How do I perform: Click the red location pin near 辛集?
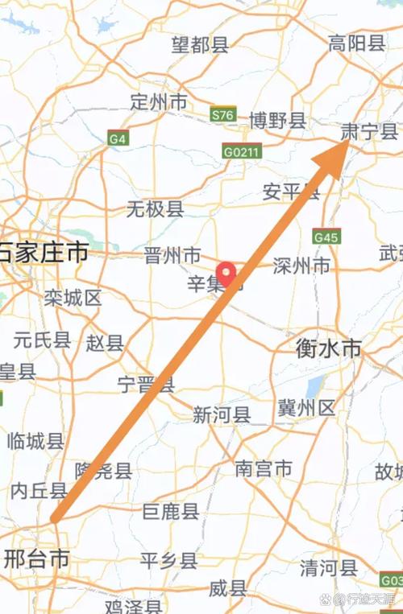[228, 274]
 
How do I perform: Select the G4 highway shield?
[118, 138]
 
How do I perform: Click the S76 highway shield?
[222, 115]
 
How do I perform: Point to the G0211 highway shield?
[242, 150]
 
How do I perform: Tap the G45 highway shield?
[327, 237]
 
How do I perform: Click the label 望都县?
[200, 45]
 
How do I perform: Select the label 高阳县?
[357, 43]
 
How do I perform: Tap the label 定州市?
[159, 102]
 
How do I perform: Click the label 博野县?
[277, 122]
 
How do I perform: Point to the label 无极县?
[156, 210]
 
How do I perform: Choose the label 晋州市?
[172, 256]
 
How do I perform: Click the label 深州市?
[301, 266]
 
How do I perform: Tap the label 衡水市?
[329, 348]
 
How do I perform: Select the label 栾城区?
[73, 299]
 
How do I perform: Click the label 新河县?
[222, 414]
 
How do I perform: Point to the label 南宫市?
[264, 468]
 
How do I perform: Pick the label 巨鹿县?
[170, 511]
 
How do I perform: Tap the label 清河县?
[328, 567]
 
